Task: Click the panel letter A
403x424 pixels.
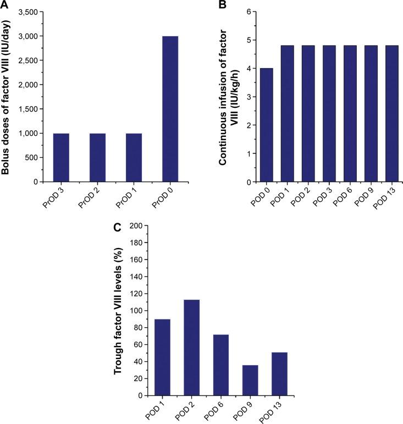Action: (5, 5)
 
